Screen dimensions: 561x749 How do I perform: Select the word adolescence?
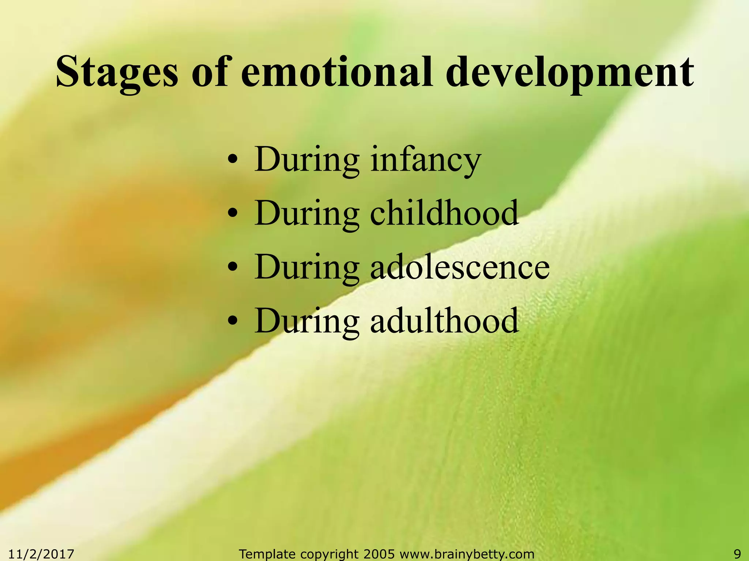click(460, 267)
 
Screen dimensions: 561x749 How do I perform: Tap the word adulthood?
click(444, 321)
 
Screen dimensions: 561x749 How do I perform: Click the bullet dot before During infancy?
click(233, 161)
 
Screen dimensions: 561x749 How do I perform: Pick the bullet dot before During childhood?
click(233, 215)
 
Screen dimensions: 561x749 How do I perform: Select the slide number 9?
click(737, 554)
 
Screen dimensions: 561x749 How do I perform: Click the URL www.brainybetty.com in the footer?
click(467, 554)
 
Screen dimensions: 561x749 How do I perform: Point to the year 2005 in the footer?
click(379, 554)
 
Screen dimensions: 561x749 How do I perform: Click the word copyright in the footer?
click(329, 554)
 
